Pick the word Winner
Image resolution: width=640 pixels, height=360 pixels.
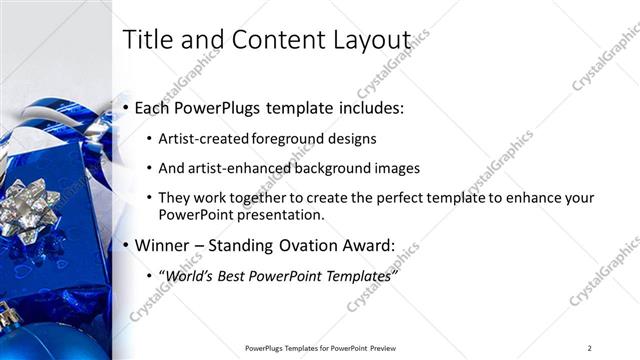click(163, 245)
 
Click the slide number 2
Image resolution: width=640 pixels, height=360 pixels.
click(589, 347)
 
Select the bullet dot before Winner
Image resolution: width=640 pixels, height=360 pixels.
click(126, 245)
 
